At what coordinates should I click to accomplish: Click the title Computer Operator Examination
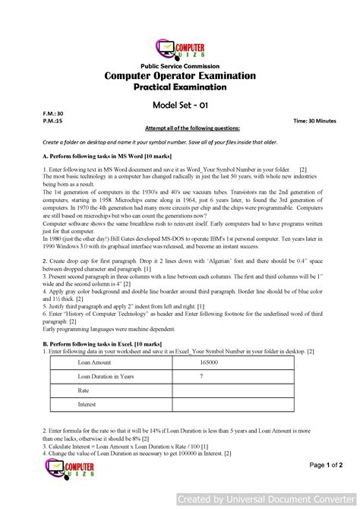[180, 77]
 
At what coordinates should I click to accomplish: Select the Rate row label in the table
[84, 390]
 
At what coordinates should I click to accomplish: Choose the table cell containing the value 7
[201, 377]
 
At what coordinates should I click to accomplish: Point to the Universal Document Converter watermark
[265, 500]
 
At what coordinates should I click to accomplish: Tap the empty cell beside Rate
[235, 390]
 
